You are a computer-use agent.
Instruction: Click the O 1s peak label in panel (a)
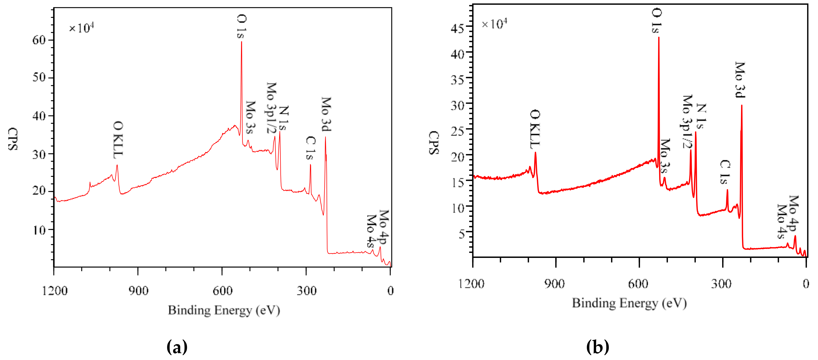[241, 26]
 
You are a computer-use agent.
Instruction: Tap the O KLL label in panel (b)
[535, 129]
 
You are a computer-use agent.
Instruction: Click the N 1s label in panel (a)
[283, 118]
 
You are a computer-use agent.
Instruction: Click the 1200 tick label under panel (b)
[471, 284]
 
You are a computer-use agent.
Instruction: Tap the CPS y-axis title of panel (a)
[13, 139]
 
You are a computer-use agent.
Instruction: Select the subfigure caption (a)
[177, 347]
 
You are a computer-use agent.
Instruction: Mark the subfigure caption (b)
[597, 347]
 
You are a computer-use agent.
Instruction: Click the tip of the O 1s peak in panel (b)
[659, 37]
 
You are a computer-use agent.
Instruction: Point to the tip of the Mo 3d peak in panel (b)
[742, 106]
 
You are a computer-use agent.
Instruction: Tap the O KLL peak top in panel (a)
[117, 165]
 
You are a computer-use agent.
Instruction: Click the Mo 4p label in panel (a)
[384, 227]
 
